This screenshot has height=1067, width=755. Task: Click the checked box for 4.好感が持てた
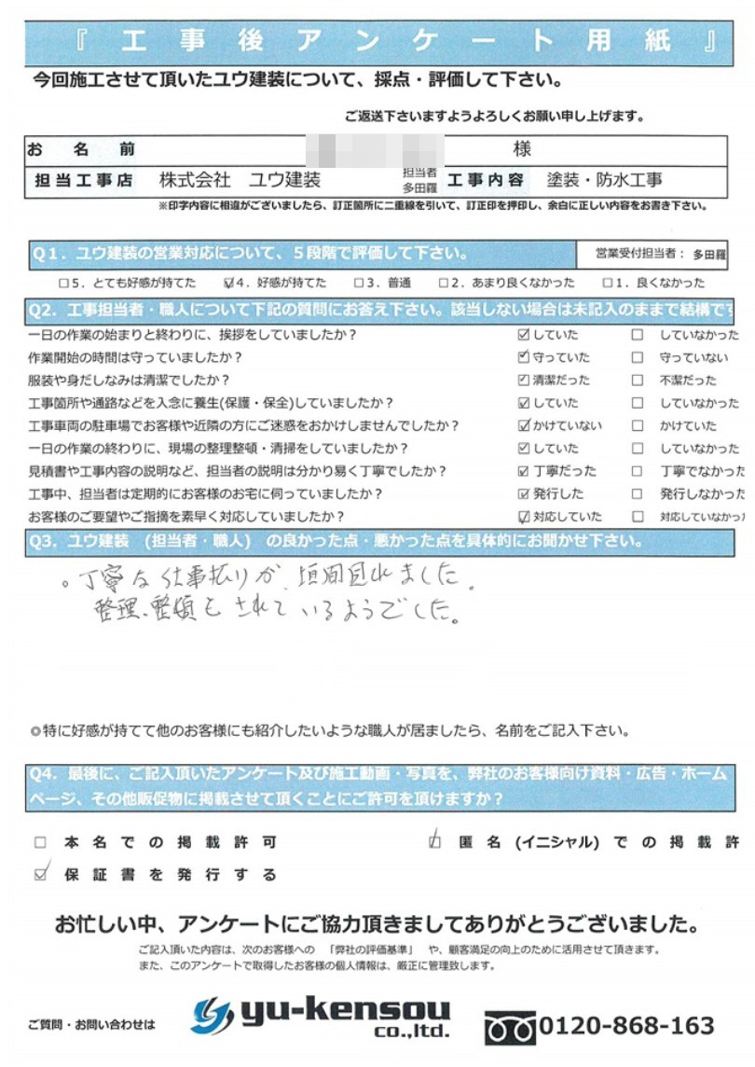point(230,283)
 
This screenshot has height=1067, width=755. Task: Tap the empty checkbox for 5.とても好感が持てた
point(62,283)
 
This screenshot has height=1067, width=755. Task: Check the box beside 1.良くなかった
point(607,283)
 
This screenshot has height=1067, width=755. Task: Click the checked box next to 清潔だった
point(523,381)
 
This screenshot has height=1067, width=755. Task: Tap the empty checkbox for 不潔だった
point(638,381)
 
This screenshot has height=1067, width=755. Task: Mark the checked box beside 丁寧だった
point(523,471)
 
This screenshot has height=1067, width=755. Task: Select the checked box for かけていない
point(523,425)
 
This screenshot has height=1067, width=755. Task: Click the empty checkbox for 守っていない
point(638,357)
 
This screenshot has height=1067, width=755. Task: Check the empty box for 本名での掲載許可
point(40,842)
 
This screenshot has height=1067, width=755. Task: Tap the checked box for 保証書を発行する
point(40,874)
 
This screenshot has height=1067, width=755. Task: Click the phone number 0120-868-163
point(627,1025)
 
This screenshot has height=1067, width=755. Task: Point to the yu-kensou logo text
point(346,1011)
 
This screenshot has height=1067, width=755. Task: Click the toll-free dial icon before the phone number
point(509,1028)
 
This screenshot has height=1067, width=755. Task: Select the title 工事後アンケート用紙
point(377,41)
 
